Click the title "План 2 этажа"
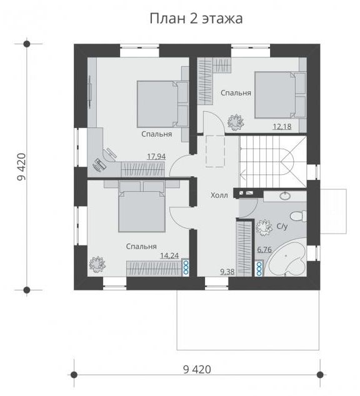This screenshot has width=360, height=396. coord(196,19)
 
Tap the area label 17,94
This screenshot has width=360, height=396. coord(156,157)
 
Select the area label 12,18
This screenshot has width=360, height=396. coord(282,126)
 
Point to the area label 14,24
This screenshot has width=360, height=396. coord(169,256)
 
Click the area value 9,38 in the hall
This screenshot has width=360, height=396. coord(227,272)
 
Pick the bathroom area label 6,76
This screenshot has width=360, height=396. coord(264,249)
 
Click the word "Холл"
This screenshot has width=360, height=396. coord(219,196)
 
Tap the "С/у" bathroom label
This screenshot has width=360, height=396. coord(282,226)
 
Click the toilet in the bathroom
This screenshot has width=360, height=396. coord(298,217)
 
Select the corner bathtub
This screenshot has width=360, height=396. coord(287,259)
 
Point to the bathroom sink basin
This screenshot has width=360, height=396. coord(285,196)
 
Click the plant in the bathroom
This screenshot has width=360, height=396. coord(264,226)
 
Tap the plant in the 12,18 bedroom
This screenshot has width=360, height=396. coord(236,122)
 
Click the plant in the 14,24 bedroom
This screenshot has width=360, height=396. coord(97,264)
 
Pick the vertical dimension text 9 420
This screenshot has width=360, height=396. coord(21,167)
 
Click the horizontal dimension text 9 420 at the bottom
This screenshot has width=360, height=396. coord(197,370)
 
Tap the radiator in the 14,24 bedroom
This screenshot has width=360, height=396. coord(186,267)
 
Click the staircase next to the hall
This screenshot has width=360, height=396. coord(273,162)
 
